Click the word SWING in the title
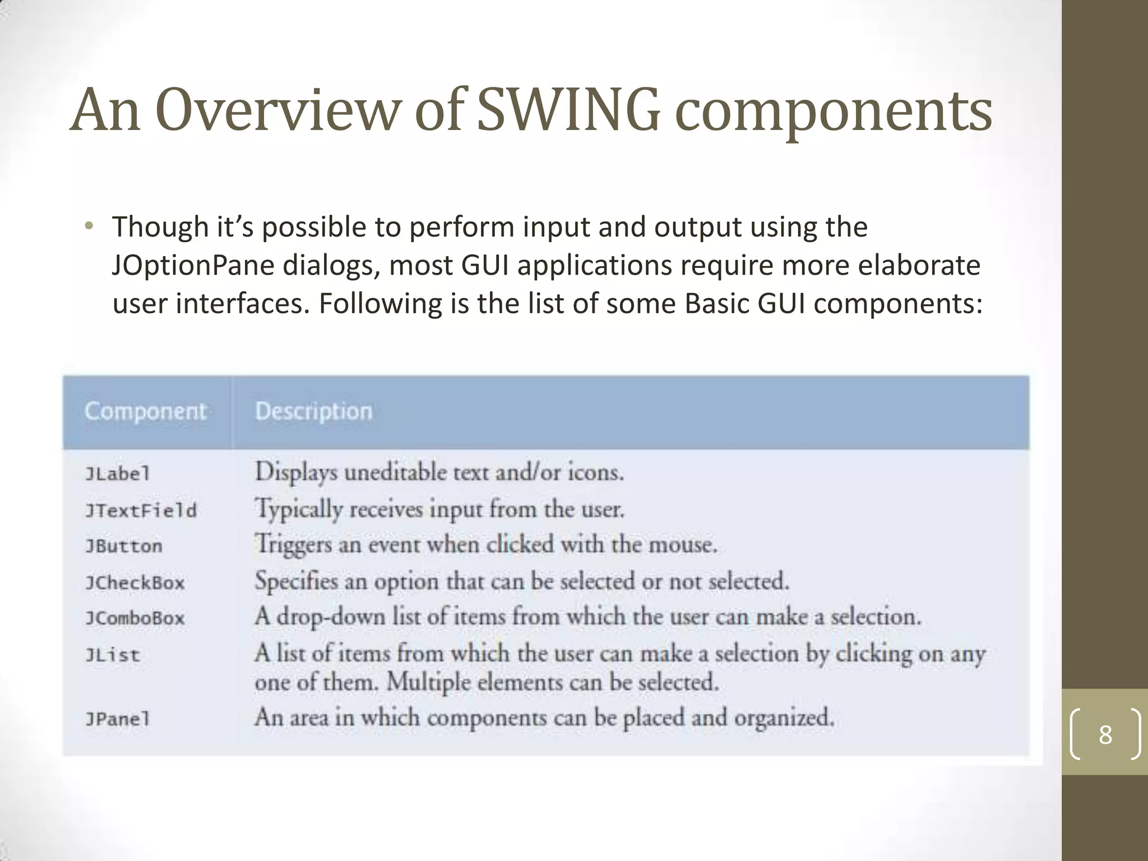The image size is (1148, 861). [x=568, y=110]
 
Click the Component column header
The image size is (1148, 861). [x=146, y=411]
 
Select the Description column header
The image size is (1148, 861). [x=313, y=411]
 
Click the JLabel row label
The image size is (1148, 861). [x=118, y=474]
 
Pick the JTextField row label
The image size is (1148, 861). [x=141, y=511]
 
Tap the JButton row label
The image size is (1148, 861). [x=124, y=546]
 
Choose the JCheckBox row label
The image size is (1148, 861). [x=135, y=583]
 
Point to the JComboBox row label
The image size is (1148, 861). [x=135, y=618]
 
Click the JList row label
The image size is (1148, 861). [x=112, y=655]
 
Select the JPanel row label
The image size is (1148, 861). [x=118, y=719]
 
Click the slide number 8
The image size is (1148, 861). [x=1105, y=734]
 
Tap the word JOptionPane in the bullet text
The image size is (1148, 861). [x=193, y=266]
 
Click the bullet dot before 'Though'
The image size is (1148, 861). [x=88, y=227]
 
